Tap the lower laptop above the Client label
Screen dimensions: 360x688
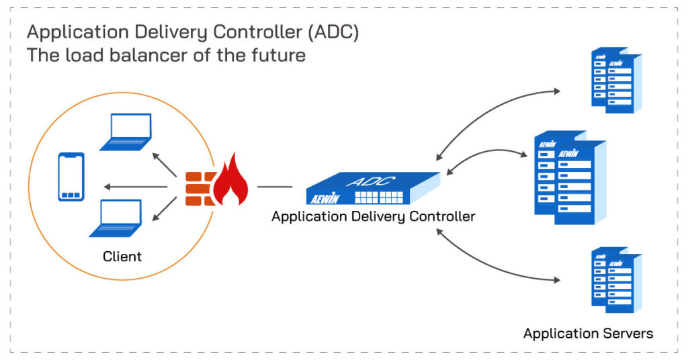tap(116, 218)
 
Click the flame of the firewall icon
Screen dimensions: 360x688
tap(230, 179)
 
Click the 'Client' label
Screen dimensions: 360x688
tap(122, 257)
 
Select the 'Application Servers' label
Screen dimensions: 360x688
tap(587, 333)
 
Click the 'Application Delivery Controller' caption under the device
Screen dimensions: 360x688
tap(373, 216)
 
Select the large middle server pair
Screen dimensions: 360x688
tap(570, 177)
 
